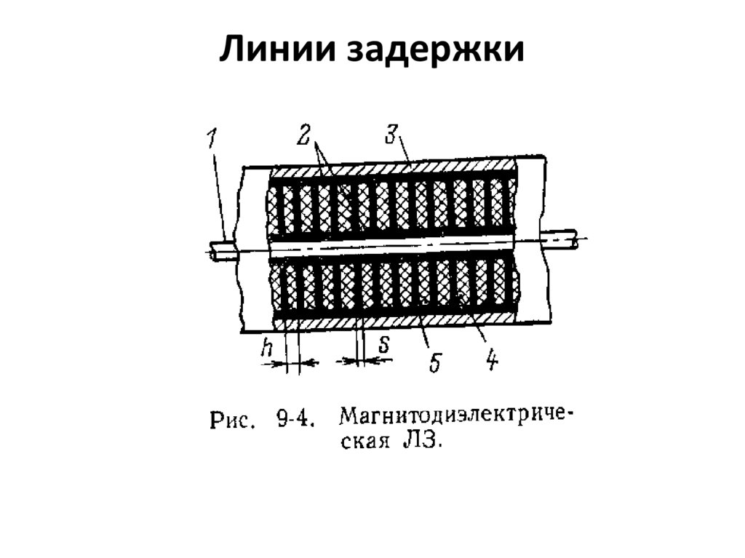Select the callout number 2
303,135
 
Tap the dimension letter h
266,348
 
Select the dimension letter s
383,344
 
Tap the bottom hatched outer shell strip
393,320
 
